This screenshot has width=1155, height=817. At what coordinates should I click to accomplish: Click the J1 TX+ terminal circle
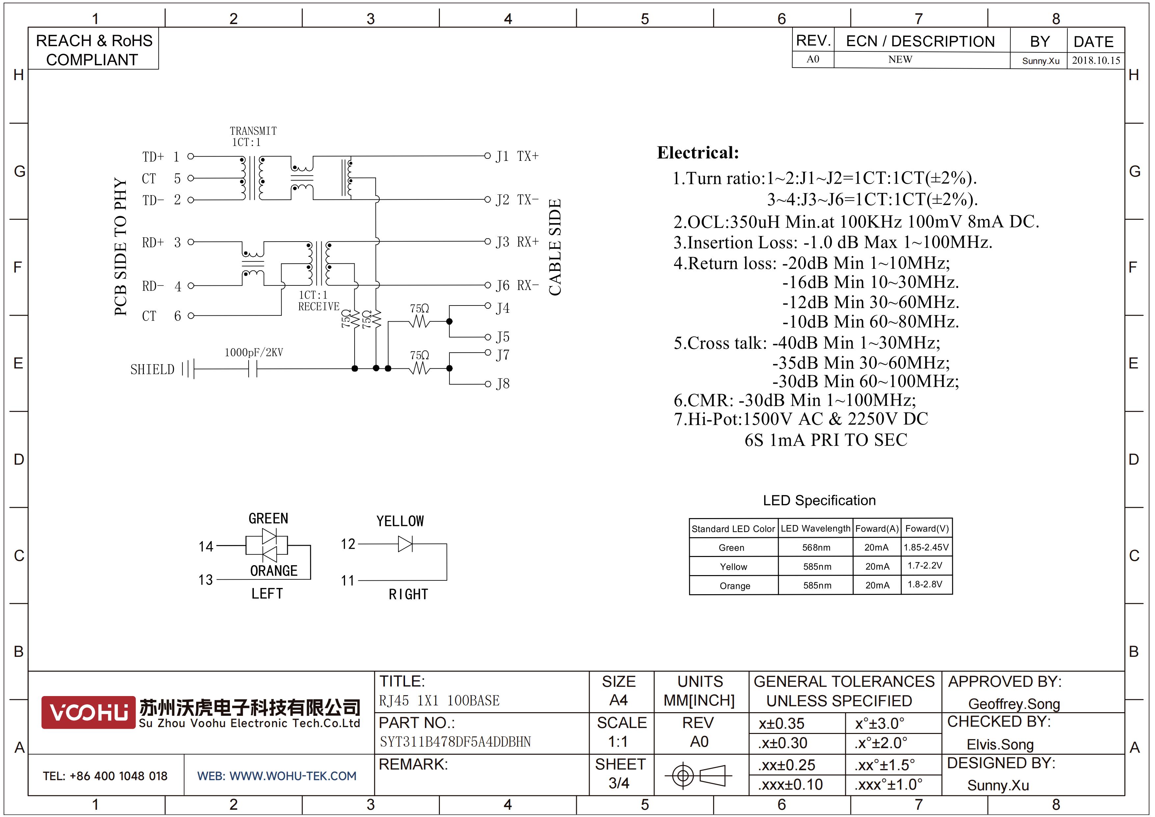(487, 156)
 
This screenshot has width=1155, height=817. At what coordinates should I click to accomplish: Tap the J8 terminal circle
(487, 384)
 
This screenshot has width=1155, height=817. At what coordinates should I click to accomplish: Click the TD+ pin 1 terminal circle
(191, 157)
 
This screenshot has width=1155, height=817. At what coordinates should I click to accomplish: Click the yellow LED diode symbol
(405, 544)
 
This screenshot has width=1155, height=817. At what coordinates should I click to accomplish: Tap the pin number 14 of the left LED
(206, 546)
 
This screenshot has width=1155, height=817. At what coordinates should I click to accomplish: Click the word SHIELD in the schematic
(152, 369)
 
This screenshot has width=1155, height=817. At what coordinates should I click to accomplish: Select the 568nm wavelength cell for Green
(816, 547)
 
